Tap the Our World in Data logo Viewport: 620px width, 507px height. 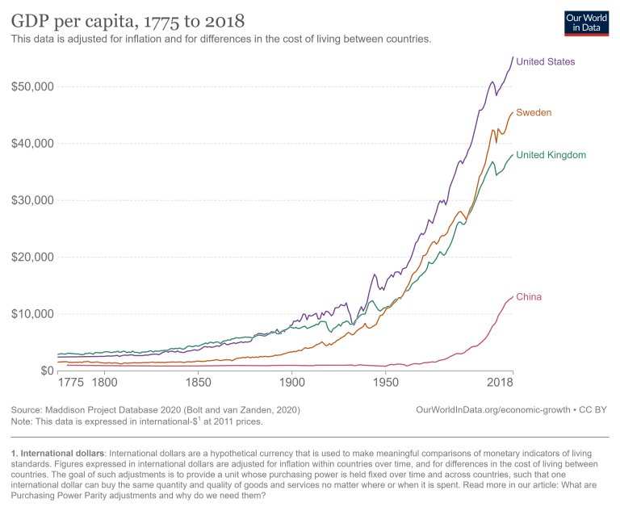(x=586, y=23)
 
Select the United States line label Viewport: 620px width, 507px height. (x=546, y=61)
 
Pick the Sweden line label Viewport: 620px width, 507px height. (x=534, y=112)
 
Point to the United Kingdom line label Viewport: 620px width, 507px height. (x=551, y=155)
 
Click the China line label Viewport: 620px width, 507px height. (x=529, y=297)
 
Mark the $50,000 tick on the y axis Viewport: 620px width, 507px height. (x=31, y=86)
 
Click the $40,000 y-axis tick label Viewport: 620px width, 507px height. (x=31, y=144)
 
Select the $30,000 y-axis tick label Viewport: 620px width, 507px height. (x=31, y=200)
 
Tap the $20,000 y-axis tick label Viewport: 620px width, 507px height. (x=31, y=258)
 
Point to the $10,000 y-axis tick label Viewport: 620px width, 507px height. (x=31, y=314)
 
